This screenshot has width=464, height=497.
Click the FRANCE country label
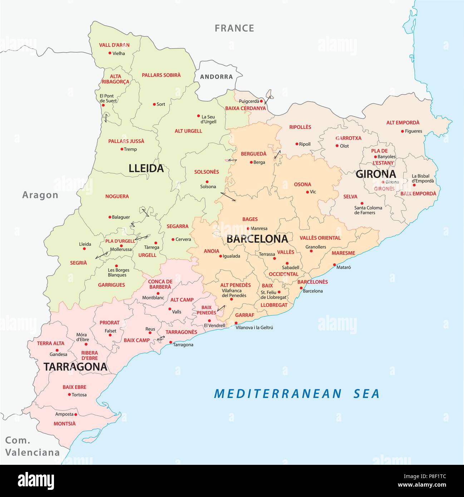click(234, 28)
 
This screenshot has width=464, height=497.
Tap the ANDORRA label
click(216, 77)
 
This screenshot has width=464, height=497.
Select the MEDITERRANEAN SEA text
click(296, 394)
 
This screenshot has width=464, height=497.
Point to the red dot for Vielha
click(110, 53)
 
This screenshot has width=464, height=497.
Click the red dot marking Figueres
click(402, 131)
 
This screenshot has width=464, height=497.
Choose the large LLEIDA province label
click(146, 168)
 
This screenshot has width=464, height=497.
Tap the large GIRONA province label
click(376, 174)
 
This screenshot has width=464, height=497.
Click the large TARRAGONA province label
click(75, 367)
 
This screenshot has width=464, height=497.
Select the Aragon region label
click(40, 195)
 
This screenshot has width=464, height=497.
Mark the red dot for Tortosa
click(69, 395)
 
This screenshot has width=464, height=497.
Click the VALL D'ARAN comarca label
click(114, 45)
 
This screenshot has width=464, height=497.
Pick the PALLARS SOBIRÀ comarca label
click(161, 75)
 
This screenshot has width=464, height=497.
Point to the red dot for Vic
click(307, 192)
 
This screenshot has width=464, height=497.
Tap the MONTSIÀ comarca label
click(65, 424)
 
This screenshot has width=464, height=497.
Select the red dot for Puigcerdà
click(262, 101)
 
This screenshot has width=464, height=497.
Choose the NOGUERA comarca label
click(117, 196)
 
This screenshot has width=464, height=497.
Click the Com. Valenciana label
click(32, 447)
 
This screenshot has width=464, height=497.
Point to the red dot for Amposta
click(76, 414)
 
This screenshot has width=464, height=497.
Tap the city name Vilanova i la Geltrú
click(254, 327)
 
